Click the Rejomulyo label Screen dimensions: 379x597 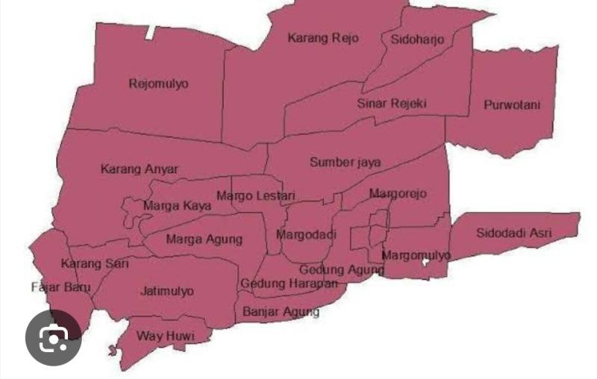tap(158, 84)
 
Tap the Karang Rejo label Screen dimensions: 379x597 tap(322, 38)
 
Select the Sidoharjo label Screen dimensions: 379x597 tap(417, 39)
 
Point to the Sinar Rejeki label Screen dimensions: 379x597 tap(391, 103)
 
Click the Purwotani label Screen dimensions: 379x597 tap(511, 104)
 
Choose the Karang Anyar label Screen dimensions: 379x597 tap(140, 169)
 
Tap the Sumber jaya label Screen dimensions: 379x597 tap(346, 162)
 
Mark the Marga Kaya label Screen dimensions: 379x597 tap(177, 205)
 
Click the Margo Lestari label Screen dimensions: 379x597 tap(256, 196)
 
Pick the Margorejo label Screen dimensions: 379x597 tap(398, 194)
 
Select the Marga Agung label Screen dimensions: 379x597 tap(204, 239)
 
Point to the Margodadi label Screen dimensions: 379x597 tap(307, 234)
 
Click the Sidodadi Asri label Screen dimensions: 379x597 tap(514, 233)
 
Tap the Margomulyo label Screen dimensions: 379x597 tap(416, 255)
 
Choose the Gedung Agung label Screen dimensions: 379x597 tap(342, 269)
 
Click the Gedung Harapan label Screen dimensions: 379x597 tap(289, 284)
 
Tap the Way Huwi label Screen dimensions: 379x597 tap(165, 336)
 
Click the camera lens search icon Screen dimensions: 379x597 tap(53, 339)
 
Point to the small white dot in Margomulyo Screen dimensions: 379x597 tap(425, 263)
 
